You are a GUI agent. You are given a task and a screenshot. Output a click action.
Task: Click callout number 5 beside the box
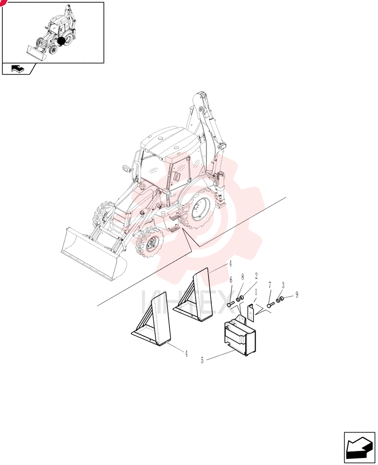(x=202, y=360)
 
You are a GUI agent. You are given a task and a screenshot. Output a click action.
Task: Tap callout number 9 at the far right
(x=297, y=294)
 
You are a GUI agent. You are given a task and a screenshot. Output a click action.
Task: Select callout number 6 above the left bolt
(x=231, y=280)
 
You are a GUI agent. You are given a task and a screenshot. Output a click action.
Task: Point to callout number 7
(x=270, y=286)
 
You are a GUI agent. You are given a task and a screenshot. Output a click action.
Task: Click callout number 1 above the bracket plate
(x=256, y=292)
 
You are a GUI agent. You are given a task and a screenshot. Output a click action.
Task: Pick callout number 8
(x=243, y=277)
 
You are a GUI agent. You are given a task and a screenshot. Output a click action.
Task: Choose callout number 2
(x=256, y=276)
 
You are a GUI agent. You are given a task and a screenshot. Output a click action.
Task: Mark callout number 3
(x=283, y=286)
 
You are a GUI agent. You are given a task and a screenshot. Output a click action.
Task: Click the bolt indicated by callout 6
(x=231, y=304)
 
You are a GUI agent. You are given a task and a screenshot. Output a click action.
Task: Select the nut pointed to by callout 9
(x=282, y=299)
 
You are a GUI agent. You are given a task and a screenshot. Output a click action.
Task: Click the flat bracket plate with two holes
(x=251, y=312)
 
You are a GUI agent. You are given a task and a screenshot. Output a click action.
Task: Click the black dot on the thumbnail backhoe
(x=61, y=41)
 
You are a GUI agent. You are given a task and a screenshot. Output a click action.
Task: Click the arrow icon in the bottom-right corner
(x=359, y=447)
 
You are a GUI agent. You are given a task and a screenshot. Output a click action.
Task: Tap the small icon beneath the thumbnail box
(x=18, y=69)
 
